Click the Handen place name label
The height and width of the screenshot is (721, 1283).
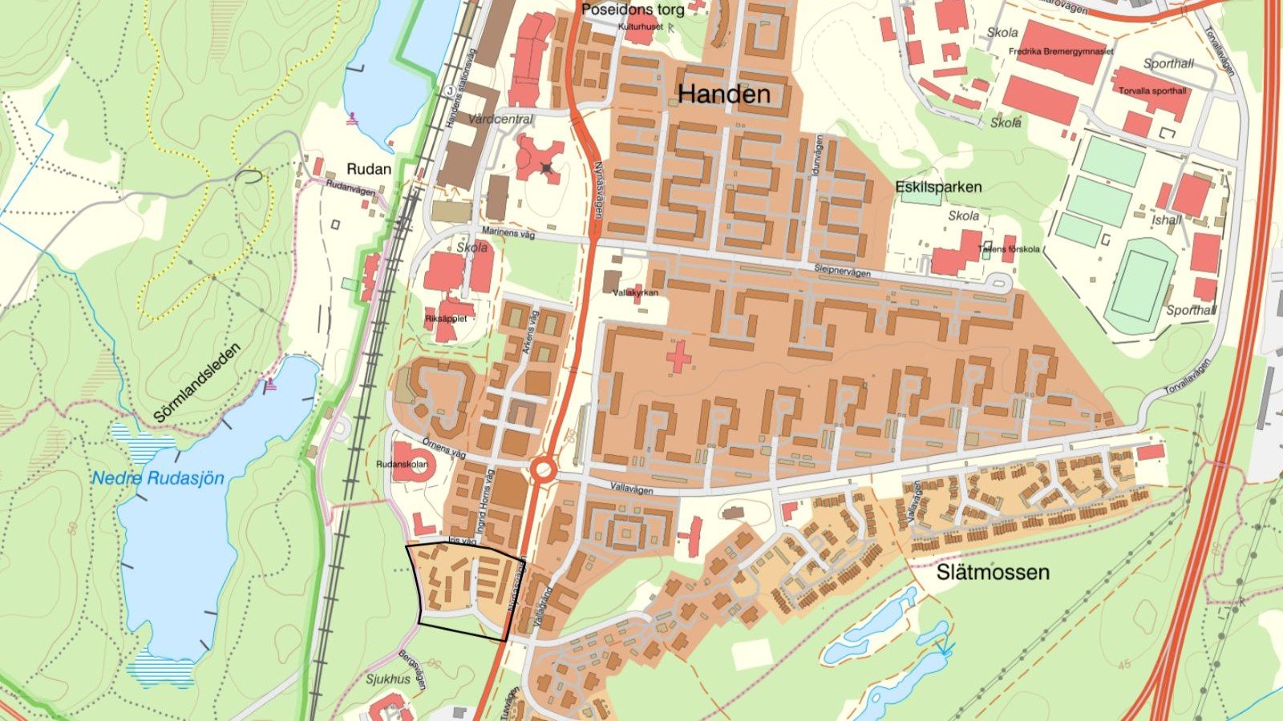point(723,95)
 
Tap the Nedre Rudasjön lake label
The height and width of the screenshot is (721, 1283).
point(157,478)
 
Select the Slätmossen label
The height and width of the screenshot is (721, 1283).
point(993,572)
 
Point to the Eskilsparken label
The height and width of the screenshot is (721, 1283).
point(938,187)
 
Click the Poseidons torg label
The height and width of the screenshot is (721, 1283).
point(633,10)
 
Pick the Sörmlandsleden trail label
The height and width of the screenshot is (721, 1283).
point(196,384)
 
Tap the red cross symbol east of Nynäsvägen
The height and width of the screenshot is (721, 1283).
point(678,357)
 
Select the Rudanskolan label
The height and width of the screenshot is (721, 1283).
point(403,464)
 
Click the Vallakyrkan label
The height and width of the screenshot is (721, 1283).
point(635,292)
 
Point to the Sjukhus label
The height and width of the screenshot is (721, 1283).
point(388,679)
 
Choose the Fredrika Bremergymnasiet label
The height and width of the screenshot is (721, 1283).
point(1061,51)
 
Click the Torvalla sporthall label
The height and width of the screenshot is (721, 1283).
point(1152,91)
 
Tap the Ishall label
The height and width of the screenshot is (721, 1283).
point(1167,220)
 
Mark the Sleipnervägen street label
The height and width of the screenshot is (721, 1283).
point(842,271)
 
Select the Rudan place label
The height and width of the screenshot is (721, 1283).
point(369,169)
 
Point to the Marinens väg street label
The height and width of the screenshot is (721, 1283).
point(508,232)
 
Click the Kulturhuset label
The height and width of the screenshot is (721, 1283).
point(640,26)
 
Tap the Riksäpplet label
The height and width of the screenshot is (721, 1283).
point(446,318)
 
